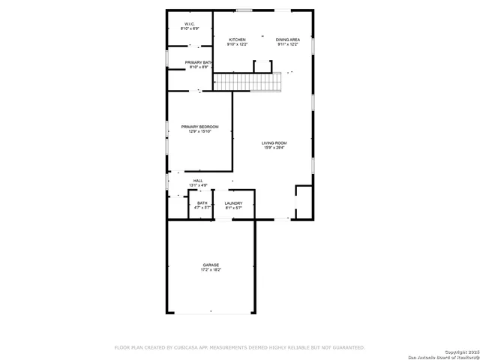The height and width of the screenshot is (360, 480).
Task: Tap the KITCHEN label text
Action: coord(238,40)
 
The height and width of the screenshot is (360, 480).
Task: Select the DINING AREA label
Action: coord(287,40)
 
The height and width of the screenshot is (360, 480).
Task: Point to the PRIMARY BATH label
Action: coord(199,62)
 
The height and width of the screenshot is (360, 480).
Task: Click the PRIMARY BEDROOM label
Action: coord(199,127)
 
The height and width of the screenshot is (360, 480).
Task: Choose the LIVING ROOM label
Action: coord(274,142)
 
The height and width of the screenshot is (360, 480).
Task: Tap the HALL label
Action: coord(198,181)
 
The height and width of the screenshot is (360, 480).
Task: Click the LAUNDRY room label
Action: coord(233,203)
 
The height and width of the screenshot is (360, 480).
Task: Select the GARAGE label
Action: coord(211,265)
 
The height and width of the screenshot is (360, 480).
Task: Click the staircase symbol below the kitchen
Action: coord(247,81)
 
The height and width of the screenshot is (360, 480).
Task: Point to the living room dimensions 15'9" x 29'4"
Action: coord(274,148)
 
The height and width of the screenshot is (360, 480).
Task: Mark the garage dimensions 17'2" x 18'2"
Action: coord(211,270)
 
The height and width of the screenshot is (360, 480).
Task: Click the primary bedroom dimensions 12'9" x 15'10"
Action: coord(199,132)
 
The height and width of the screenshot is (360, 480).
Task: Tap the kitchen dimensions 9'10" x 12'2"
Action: coord(238,45)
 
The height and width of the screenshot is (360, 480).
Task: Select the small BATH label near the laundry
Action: coord(202,203)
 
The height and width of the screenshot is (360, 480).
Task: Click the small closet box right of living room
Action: coord(304,202)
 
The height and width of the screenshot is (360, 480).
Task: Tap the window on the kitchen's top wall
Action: coord(244,10)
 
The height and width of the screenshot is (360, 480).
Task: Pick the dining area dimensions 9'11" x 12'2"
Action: coord(287,45)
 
